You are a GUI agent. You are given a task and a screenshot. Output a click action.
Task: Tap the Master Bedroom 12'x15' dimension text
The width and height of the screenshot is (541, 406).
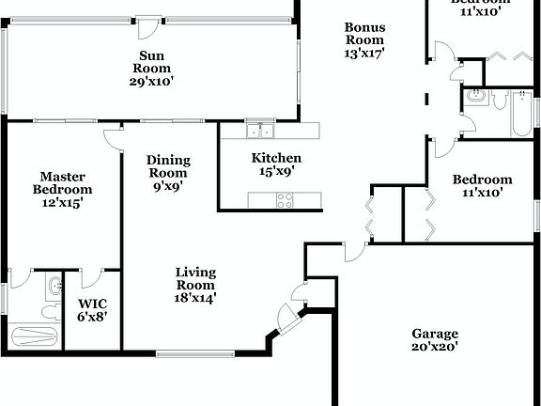coord(64,203)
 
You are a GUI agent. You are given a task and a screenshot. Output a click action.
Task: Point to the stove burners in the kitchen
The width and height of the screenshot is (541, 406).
coord(285,198)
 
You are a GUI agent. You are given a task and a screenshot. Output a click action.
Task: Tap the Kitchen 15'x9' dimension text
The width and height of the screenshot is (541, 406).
coord(275,172)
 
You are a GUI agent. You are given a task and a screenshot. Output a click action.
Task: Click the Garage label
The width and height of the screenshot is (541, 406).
coord(435,334)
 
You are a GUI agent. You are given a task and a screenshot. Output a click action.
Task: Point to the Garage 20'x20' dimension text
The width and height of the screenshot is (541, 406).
coord(435,348)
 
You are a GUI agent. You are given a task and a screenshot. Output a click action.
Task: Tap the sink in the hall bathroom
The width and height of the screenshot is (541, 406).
coord(473,96)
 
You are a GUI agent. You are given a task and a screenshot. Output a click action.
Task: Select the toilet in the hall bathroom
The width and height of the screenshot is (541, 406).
coord(497,97)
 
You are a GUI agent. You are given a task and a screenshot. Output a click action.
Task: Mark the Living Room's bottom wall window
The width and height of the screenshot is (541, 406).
coord(195,353)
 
